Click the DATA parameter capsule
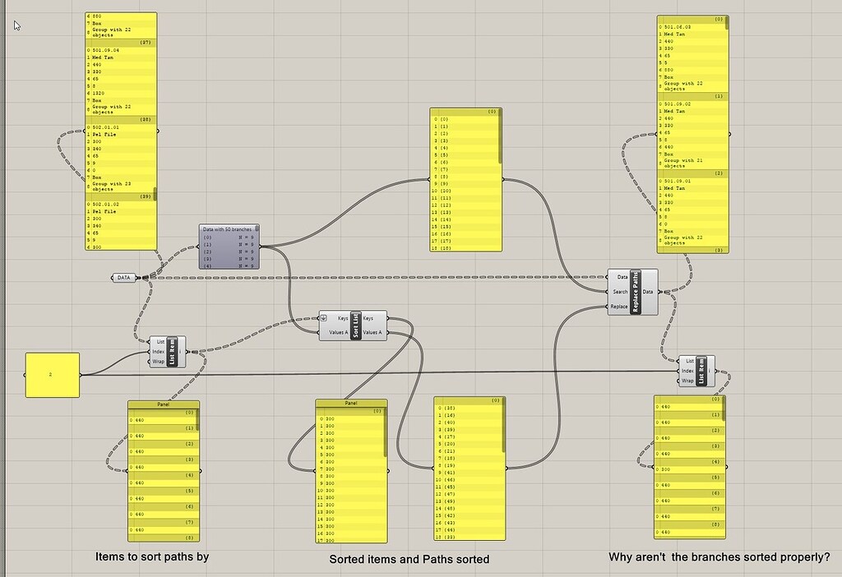tap(124, 278)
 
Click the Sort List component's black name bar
tap(355, 325)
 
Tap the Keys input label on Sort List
tap(343, 318)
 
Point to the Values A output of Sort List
tap(372, 332)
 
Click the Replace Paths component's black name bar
tap(636, 292)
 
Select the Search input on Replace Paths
tap(621, 292)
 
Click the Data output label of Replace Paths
tap(649, 292)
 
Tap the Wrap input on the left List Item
tap(159, 362)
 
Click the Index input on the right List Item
tap(687, 371)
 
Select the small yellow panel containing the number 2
tap(53, 375)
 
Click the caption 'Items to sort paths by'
tap(152, 556)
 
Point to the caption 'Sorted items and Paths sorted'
tap(409, 559)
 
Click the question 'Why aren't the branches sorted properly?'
tap(719, 557)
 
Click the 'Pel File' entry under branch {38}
tap(104, 135)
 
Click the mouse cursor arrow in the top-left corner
tap(16, 25)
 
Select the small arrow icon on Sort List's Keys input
tap(326, 318)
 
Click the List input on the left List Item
tap(160, 342)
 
